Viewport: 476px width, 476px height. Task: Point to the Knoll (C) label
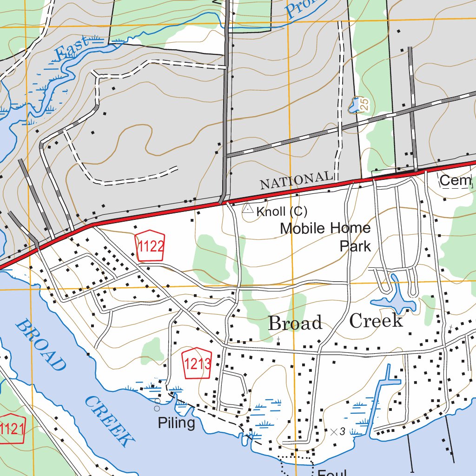click(x=282, y=212)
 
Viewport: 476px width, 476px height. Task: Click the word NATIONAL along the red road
click(x=296, y=180)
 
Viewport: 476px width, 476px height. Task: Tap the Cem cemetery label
click(x=455, y=180)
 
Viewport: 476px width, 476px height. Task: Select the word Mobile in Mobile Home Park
click(x=303, y=228)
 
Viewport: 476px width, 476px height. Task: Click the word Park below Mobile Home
click(x=355, y=245)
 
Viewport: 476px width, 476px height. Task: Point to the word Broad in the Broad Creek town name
click(x=295, y=323)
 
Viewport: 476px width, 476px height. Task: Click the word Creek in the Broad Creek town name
click(x=376, y=321)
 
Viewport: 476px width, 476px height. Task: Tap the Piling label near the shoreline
click(x=176, y=423)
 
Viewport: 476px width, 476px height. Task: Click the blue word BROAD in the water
click(x=40, y=345)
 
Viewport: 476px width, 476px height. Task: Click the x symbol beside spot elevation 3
click(x=333, y=431)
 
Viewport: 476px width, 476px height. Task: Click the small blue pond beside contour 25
click(x=355, y=106)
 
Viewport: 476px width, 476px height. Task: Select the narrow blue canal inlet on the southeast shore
click(x=379, y=400)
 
